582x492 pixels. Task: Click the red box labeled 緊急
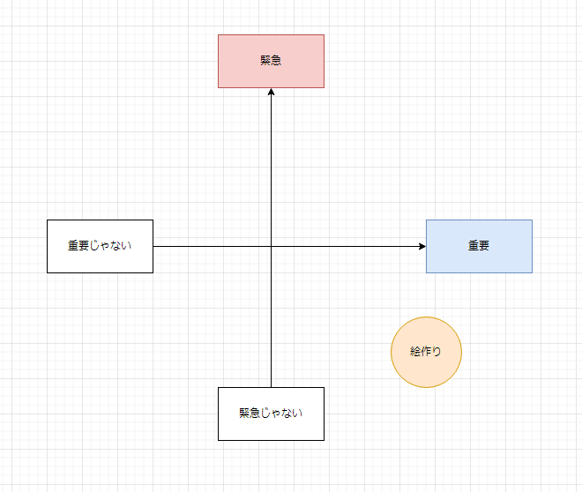tap(271, 61)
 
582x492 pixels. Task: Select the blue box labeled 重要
tap(479, 246)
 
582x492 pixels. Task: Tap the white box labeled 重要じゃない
tap(100, 246)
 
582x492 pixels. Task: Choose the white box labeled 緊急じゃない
tap(271, 414)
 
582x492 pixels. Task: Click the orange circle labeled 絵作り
tap(426, 352)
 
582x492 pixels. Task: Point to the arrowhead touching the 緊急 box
tap(271, 92)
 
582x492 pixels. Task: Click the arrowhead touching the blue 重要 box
tap(422, 246)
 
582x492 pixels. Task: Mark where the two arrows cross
tap(271, 246)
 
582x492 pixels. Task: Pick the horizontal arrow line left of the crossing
tap(212, 246)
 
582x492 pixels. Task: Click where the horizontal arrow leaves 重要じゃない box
tap(153, 246)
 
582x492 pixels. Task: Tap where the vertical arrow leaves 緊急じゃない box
tap(271, 387)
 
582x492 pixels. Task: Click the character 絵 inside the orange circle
tap(415, 352)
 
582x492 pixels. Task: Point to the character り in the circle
tap(436, 352)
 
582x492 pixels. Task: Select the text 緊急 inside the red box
tap(271, 60)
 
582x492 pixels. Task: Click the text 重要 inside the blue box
tap(479, 245)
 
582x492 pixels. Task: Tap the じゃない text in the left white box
tap(110, 245)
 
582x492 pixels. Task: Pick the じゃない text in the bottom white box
tap(281, 413)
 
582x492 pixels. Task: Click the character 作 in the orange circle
tap(426, 352)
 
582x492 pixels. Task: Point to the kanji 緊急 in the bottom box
tap(250, 413)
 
